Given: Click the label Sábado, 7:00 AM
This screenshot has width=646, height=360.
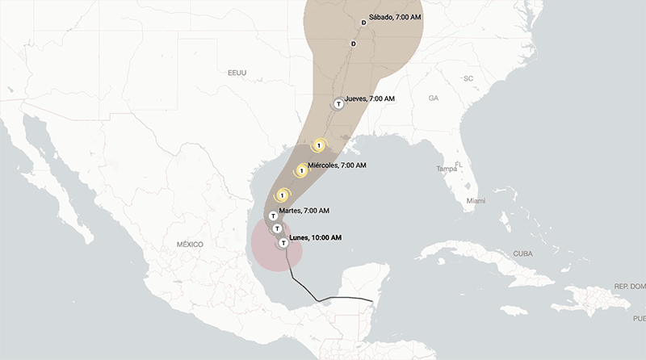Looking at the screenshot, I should tap(395, 17).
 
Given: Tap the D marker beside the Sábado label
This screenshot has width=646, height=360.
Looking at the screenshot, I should tap(363, 23).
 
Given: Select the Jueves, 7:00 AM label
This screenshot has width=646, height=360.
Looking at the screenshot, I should tap(370, 98).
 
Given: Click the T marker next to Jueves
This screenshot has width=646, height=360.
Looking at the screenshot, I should tap(339, 103).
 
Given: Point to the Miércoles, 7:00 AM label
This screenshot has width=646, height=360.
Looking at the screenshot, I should tap(337, 165).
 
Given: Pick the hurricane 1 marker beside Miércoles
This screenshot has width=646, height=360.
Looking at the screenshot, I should tap(302, 170).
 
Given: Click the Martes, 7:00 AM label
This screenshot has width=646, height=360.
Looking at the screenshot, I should tap(304, 211).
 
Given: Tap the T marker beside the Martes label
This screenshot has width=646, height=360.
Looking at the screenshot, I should tap(273, 216).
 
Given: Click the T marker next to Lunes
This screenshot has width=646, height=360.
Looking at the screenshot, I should tap(283, 243).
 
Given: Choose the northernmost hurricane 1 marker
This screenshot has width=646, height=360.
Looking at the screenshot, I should tap(320, 146).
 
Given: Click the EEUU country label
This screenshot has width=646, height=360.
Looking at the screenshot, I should tap(237, 73).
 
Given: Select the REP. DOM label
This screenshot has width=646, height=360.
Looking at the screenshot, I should tap(630, 287).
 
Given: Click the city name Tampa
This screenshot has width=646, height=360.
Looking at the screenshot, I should tap(447, 169).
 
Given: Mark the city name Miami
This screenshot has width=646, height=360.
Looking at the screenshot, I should tap(476, 200).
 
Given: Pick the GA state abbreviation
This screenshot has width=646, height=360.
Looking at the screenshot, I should tap(434, 98).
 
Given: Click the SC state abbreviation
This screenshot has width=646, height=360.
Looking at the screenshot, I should tap(468, 78).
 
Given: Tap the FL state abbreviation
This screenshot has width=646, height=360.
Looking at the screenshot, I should tap(458, 164).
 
